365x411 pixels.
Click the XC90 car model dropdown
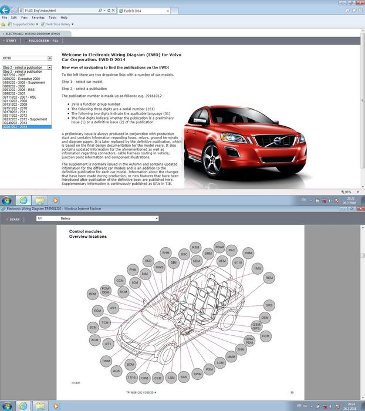coord(27,59)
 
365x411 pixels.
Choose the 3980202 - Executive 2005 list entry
coord(21,78)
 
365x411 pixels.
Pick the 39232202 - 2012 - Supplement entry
coord(25,119)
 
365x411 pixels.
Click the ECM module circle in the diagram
coord(97,310)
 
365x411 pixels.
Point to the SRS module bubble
coord(269,305)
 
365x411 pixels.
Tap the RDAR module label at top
coord(219,247)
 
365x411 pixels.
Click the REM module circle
coord(269,278)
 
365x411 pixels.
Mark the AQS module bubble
coord(117,371)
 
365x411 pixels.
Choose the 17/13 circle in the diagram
coord(133,377)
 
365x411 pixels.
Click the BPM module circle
coord(92,294)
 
